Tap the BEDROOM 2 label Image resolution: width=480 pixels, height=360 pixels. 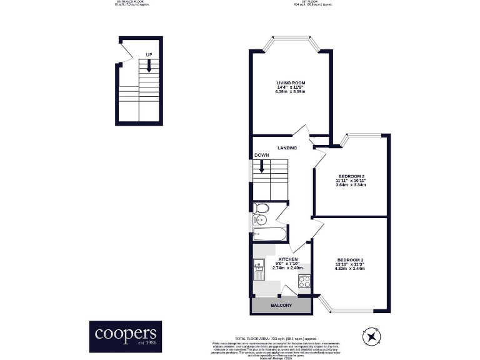(351, 176)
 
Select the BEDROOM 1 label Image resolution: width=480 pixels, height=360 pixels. (350, 259)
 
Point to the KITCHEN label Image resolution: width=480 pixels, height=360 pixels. (287, 259)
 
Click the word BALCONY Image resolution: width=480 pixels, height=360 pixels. (281, 306)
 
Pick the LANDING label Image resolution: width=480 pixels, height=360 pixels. (287, 148)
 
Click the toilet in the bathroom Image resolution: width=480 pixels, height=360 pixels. (261, 208)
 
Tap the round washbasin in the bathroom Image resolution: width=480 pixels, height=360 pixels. (259, 220)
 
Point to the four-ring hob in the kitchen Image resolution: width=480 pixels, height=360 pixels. (304, 281)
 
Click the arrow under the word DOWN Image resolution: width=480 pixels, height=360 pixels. (262, 167)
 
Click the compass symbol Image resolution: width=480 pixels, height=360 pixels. (372, 337)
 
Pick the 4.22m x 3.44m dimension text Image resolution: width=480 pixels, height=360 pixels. (350, 269)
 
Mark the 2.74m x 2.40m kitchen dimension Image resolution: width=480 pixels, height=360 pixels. (287, 268)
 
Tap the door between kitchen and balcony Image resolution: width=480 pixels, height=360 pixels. (289, 289)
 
